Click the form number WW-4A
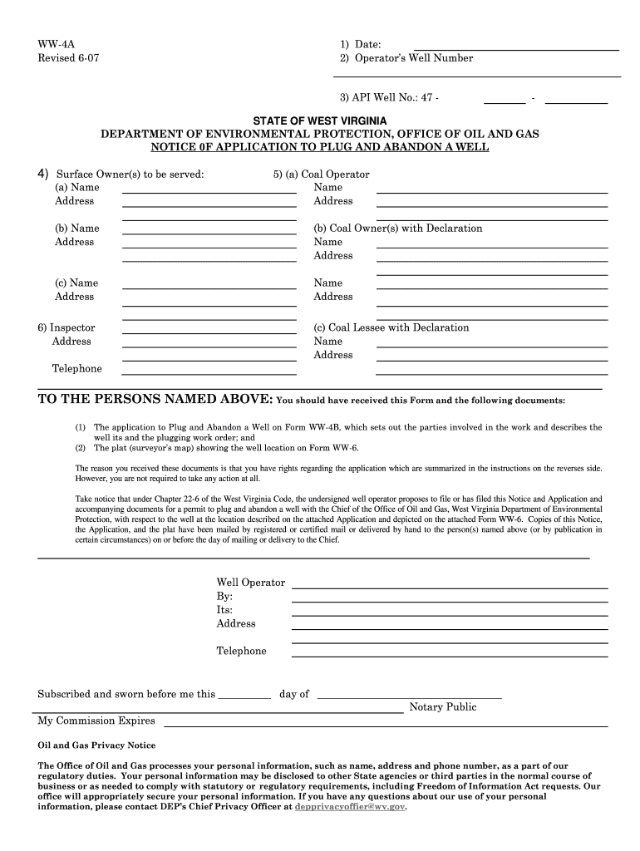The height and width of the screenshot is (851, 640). tap(52, 44)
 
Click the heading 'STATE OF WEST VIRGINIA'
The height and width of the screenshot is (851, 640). tap(320, 121)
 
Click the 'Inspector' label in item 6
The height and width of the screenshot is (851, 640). tap(72, 327)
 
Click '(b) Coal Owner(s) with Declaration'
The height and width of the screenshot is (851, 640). tap(397, 229)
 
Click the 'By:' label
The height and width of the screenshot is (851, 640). tap(224, 597)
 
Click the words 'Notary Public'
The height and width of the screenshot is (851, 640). tap(443, 707)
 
